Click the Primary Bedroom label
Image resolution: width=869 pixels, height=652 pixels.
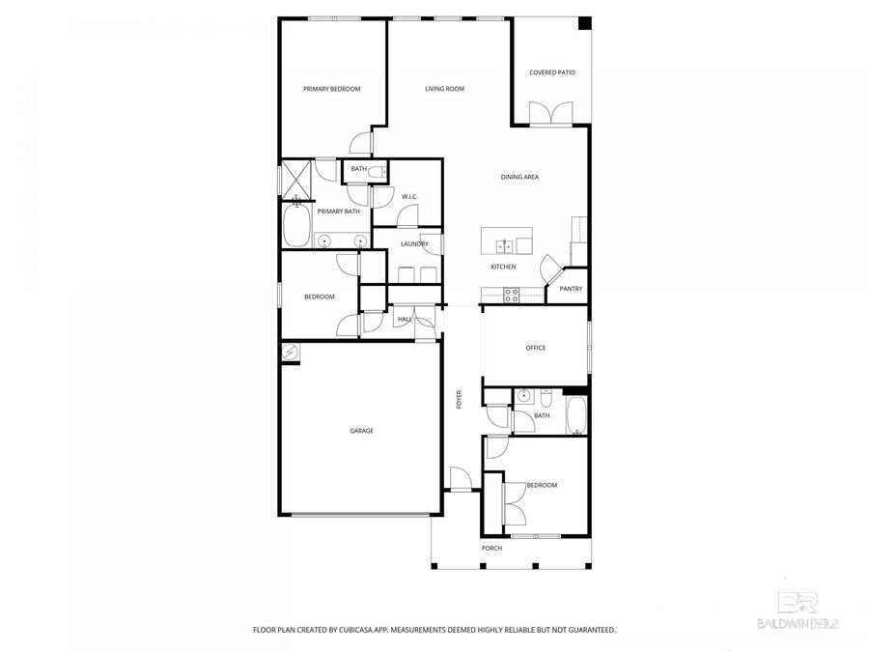[331, 89]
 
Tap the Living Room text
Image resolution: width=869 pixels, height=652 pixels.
[444, 89]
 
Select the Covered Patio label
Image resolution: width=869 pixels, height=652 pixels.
[551, 72]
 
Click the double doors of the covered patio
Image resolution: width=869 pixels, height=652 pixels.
[550, 114]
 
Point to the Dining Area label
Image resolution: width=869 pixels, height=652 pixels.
[519, 177]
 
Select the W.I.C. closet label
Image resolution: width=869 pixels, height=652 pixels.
[408, 197]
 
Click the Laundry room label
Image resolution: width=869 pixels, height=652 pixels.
[414, 243]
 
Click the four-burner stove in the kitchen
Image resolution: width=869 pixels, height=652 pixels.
[511, 296]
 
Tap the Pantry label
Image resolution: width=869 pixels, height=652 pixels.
[571, 288]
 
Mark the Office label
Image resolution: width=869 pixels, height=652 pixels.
[535, 348]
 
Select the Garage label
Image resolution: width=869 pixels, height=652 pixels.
[361, 431]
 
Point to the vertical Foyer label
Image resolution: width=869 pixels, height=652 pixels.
[460, 398]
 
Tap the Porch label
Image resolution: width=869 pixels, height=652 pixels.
[491, 548]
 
